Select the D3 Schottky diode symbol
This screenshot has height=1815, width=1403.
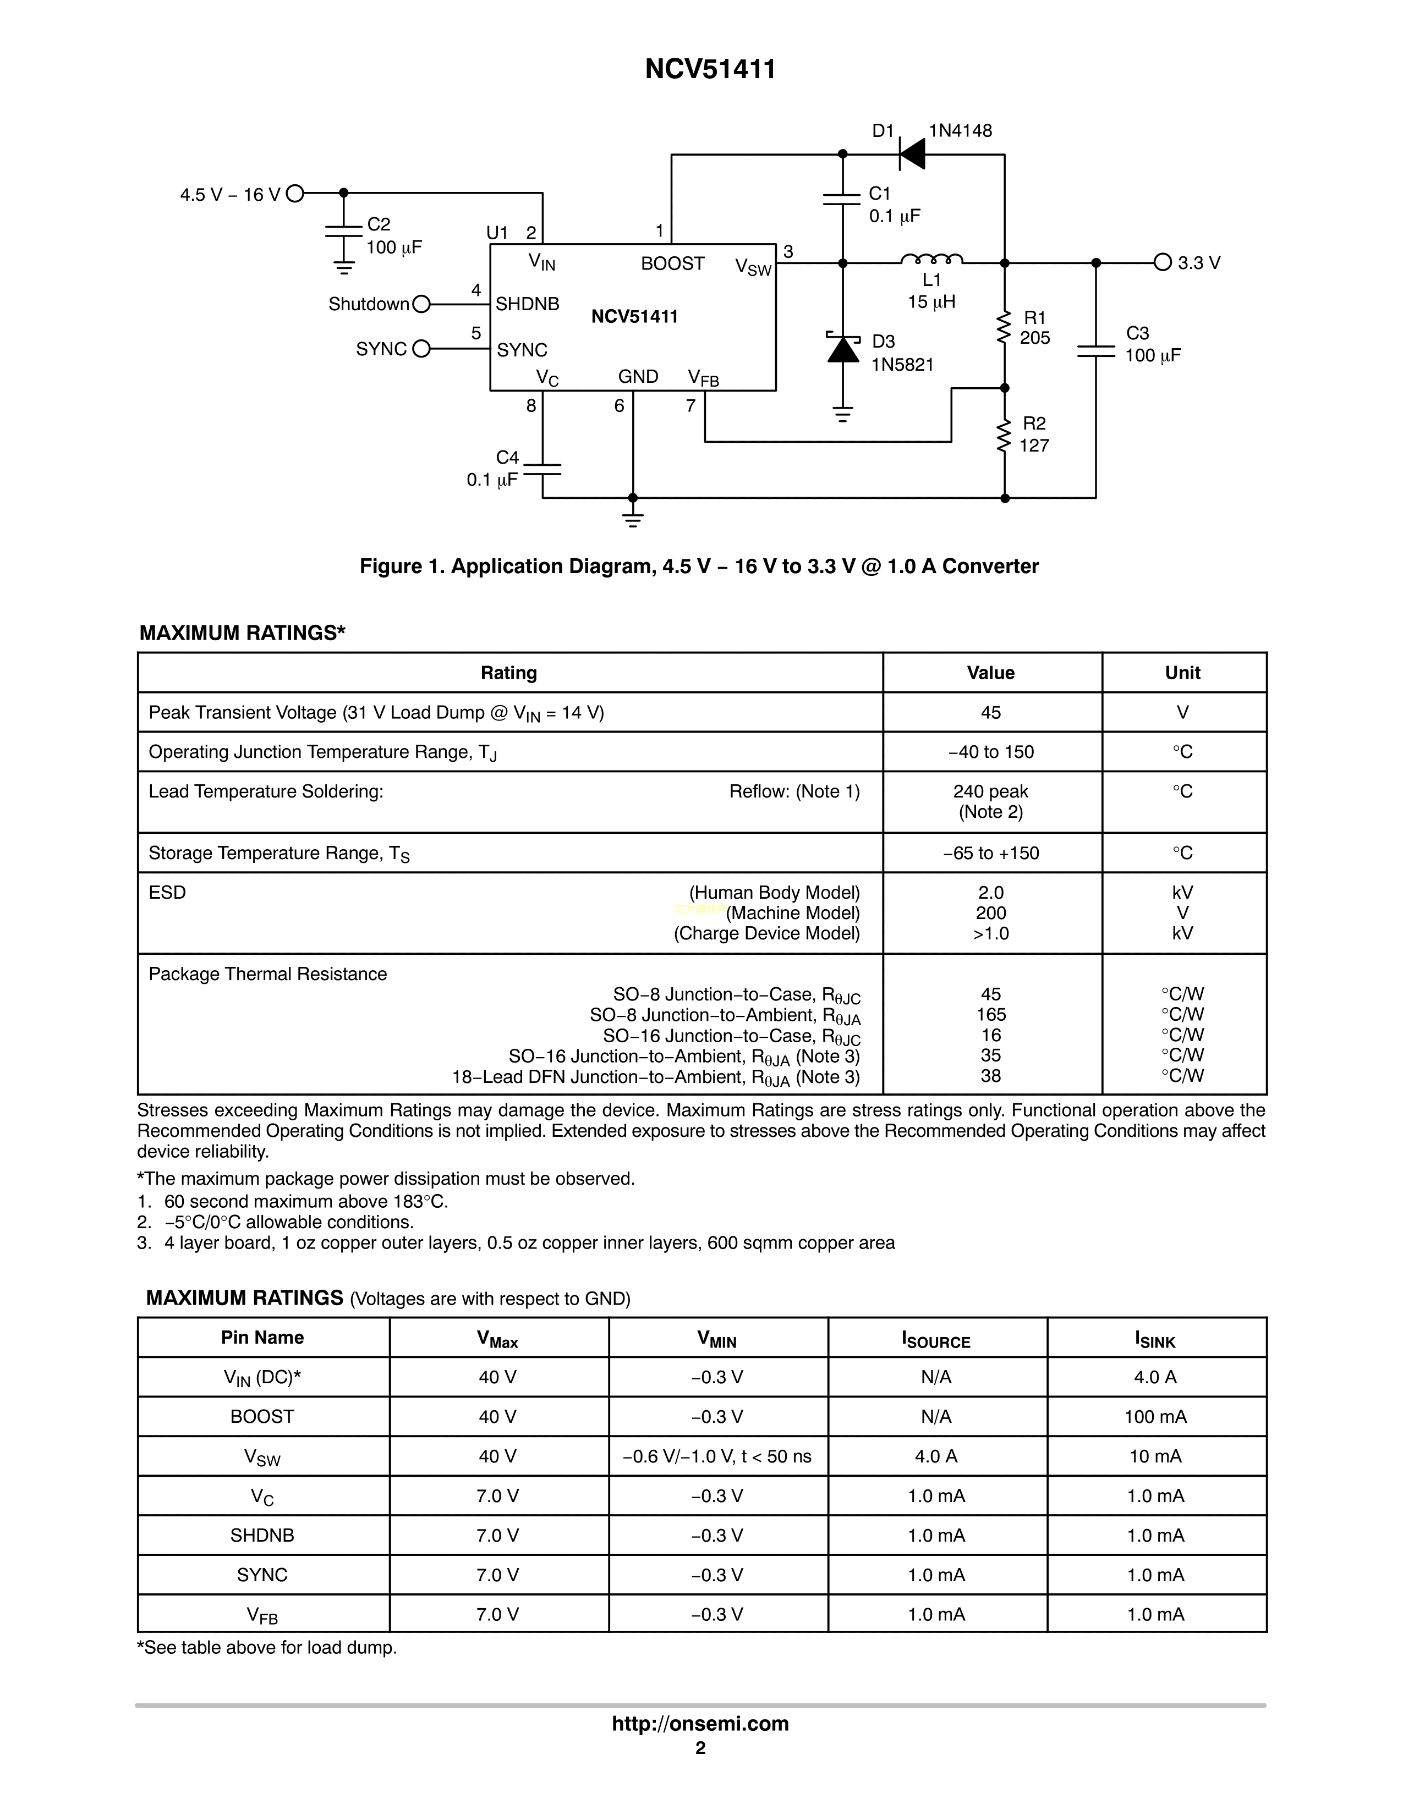(x=843, y=350)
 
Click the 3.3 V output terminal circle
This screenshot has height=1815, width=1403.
(x=1162, y=262)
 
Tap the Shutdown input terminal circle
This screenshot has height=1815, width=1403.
(x=421, y=304)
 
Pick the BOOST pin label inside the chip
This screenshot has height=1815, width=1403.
(x=672, y=263)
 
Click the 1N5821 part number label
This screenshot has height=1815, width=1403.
(x=903, y=365)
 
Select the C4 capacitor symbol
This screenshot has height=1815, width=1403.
(x=542, y=470)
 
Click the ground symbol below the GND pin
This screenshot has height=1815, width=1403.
(x=633, y=520)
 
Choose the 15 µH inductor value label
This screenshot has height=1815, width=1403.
(x=931, y=301)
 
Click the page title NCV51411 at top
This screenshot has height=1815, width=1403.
(x=710, y=69)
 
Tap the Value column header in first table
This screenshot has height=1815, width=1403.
(x=991, y=673)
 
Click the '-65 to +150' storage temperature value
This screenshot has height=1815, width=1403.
(x=991, y=854)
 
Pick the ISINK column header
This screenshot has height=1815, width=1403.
(x=1155, y=1338)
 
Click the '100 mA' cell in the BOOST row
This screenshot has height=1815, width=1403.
(x=1155, y=1417)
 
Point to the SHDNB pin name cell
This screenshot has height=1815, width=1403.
(x=262, y=1536)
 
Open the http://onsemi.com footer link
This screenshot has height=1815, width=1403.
(x=700, y=1724)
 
